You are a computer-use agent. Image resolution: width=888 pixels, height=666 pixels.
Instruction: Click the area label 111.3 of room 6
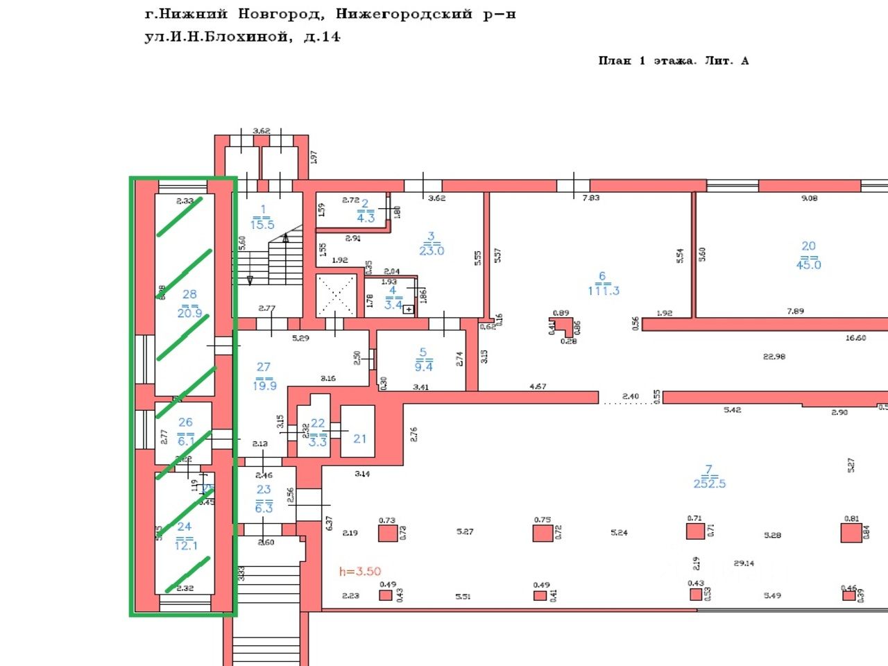(x=603, y=291)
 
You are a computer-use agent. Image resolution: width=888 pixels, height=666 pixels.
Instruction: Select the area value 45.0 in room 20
(x=808, y=265)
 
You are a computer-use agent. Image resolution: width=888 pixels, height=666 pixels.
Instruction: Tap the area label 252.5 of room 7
(x=709, y=484)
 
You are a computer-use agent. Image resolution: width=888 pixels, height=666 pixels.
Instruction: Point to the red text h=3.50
(x=360, y=572)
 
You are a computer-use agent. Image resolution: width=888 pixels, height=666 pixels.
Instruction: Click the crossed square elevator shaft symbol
(x=336, y=296)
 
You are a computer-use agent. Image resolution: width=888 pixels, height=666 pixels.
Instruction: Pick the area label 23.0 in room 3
(x=431, y=251)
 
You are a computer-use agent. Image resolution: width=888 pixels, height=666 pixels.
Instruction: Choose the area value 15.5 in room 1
(x=263, y=225)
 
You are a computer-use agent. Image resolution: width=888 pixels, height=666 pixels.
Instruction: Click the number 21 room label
(x=359, y=438)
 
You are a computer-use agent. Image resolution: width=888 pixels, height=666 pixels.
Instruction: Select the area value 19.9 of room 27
(x=264, y=386)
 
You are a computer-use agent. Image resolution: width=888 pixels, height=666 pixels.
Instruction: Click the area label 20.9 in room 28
(x=189, y=314)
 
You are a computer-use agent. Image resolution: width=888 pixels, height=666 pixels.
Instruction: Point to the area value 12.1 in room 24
(x=185, y=546)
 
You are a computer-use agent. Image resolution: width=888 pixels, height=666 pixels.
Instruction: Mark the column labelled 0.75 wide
(x=543, y=533)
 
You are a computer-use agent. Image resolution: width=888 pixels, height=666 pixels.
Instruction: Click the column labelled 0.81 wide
(x=851, y=532)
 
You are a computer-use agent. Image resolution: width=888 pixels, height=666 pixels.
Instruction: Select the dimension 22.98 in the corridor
(x=774, y=357)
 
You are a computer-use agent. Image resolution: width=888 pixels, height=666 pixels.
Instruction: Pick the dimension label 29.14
(x=744, y=563)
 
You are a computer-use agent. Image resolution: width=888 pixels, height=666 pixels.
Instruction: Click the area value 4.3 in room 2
(x=365, y=218)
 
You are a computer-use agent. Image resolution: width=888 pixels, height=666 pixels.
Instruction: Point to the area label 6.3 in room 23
(x=264, y=509)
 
